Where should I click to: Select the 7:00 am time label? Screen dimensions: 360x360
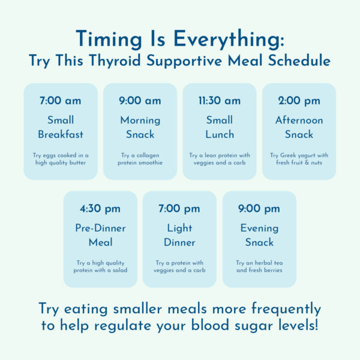pyautogui.click(x=61, y=101)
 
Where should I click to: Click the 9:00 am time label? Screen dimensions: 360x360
pyautogui.click(x=140, y=101)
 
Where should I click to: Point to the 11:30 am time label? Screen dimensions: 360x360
pyautogui.click(x=220, y=101)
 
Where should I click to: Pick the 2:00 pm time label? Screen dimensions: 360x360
pyautogui.click(x=299, y=101)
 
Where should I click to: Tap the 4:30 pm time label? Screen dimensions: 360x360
pyautogui.click(x=100, y=209)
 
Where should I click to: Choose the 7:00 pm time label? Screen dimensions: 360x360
pyautogui.click(x=179, y=209)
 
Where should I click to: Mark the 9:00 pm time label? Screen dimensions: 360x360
pyautogui.click(x=259, y=209)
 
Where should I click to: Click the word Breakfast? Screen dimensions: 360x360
pyautogui.click(x=61, y=134)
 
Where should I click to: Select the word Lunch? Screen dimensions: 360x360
pyautogui.click(x=220, y=134)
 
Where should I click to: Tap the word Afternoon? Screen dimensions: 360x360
pyautogui.click(x=299, y=120)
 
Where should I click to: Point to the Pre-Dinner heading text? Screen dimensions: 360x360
pyautogui.click(x=100, y=228)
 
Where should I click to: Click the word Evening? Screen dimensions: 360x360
pyautogui.click(x=259, y=228)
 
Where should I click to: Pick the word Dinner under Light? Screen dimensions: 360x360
pyautogui.click(x=179, y=242)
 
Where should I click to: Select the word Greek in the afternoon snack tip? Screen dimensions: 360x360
pyautogui.click(x=289, y=155)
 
